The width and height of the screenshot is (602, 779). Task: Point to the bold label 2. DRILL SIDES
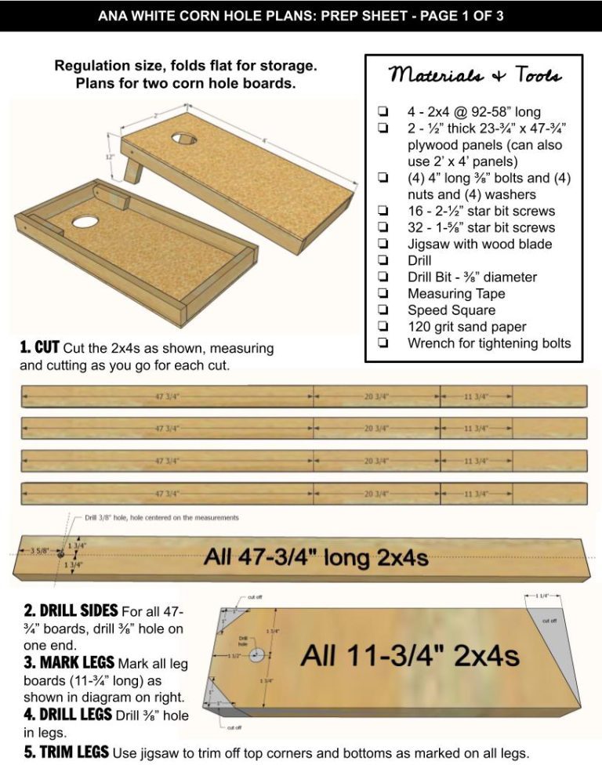pyautogui.click(x=69, y=611)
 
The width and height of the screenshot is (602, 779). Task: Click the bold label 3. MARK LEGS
pyautogui.click(x=67, y=663)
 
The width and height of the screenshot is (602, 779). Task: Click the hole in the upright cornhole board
pyautogui.click(x=185, y=139)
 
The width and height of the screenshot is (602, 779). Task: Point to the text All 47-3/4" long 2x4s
pyautogui.click(x=316, y=558)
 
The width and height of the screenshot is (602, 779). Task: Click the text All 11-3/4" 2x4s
pyautogui.click(x=409, y=655)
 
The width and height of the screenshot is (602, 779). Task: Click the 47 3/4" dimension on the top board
pyautogui.click(x=167, y=397)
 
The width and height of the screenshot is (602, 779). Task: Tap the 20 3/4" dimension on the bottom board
pyautogui.click(x=376, y=494)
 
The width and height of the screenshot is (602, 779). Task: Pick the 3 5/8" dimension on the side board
pyautogui.click(x=38, y=551)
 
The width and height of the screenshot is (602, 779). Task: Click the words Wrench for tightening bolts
pyautogui.click(x=489, y=342)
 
